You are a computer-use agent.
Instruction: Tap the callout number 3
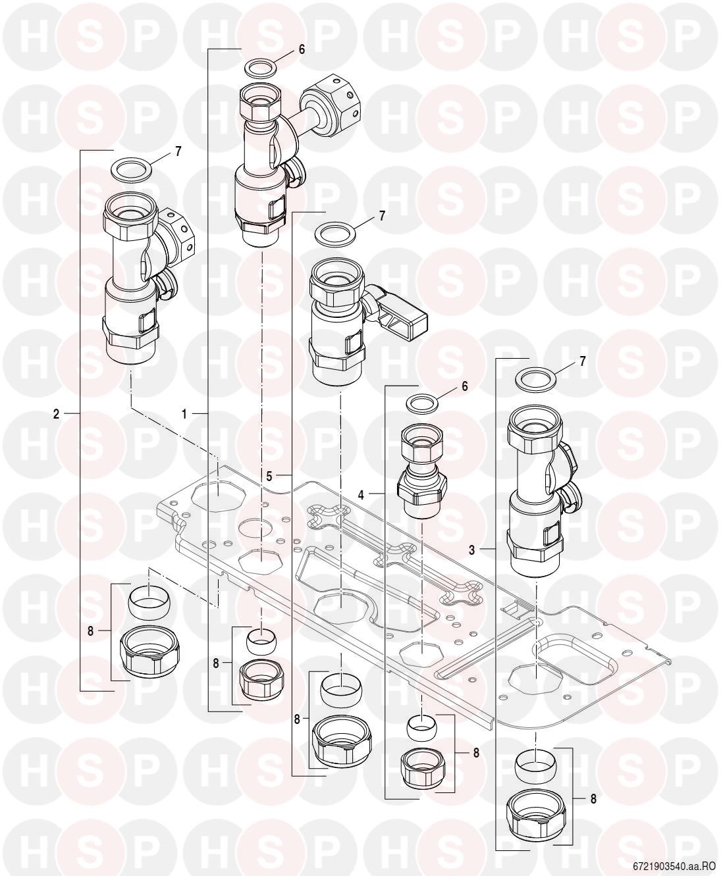pos(471,550)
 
